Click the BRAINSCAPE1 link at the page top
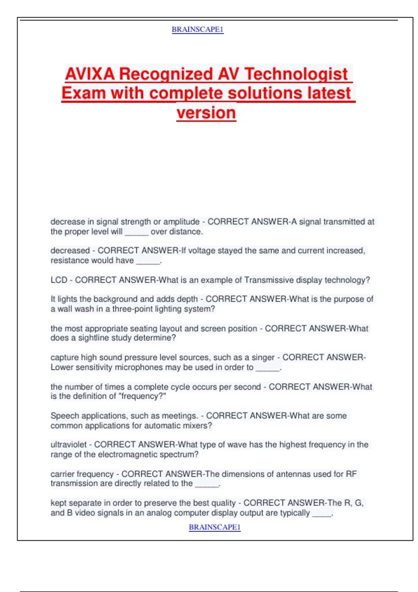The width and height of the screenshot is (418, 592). (198, 30)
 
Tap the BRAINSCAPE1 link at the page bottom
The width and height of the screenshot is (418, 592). (215, 527)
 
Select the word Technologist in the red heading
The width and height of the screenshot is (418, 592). (296, 74)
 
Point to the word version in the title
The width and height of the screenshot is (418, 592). (206, 113)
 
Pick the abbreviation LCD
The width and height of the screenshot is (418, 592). (59, 280)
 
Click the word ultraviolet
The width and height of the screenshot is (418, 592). (68, 445)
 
